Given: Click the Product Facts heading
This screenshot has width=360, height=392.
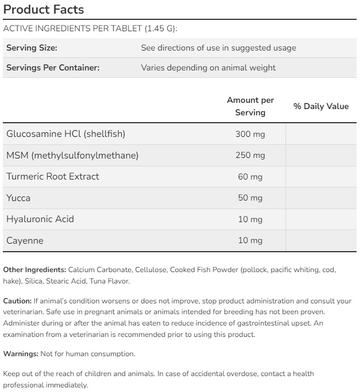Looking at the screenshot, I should click(x=43, y=10).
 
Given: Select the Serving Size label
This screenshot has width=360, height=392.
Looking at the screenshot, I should click(x=32, y=48).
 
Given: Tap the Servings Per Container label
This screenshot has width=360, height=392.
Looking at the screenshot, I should click(x=53, y=68).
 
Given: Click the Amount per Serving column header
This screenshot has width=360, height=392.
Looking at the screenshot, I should click(x=250, y=106).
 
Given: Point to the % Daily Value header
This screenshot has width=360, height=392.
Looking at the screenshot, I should click(x=321, y=106).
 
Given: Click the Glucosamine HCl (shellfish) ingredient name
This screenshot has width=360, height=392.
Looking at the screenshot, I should click(x=65, y=134).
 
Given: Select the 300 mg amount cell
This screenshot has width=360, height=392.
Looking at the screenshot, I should click(x=250, y=134).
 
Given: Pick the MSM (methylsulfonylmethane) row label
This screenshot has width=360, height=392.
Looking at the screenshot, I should click(x=72, y=155).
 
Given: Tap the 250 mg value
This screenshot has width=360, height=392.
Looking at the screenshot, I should click(x=250, y=155).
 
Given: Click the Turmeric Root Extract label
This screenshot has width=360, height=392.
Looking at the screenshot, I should click(x=53, y=177).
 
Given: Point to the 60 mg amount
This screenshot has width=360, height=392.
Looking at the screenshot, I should click(x=250, y=177).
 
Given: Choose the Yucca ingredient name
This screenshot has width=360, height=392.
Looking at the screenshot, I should click(x=18, y=198).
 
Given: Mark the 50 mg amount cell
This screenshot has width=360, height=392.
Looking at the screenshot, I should click(x=250, y=198).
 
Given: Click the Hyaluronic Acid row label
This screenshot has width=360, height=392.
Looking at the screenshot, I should click(x=40, y=219).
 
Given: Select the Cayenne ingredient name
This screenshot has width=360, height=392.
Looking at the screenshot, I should click(x=24, y=240).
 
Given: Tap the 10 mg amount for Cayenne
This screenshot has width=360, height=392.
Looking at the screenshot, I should click(x=250, y=240).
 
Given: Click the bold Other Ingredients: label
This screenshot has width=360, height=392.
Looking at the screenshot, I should click(x=35, y=269).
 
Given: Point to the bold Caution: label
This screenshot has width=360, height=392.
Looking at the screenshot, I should click(x=17, y=301).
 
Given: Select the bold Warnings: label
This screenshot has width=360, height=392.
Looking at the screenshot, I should click(x=20, y=353).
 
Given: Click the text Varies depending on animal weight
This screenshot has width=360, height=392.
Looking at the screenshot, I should click(x=208, y=68).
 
